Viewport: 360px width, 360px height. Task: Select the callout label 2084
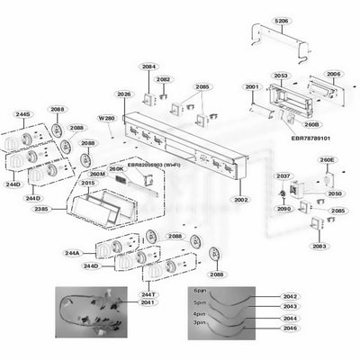tap(148, 66)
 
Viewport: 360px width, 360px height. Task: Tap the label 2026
tap(124, 94)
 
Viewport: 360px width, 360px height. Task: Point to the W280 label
tap(108, 118)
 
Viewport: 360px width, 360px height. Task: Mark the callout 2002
tap(241, 199)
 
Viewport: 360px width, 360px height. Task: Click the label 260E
tap(327, 160)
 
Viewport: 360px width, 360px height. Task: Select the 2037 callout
tap(283, 175)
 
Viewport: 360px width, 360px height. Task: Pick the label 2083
tap(319, 246)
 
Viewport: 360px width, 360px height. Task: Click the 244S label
tap(22, 114)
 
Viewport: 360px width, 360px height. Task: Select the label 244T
tap(148, 294)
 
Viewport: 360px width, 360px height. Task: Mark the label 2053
tap(281, 76)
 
